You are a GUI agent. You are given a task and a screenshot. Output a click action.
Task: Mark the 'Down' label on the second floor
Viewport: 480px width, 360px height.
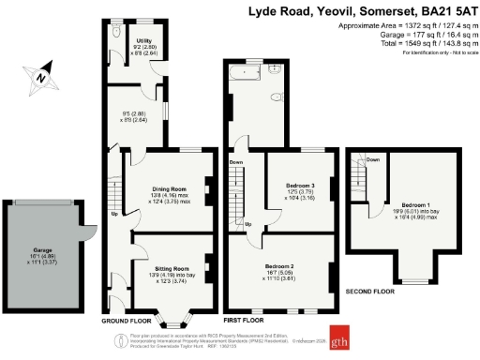(372, 159)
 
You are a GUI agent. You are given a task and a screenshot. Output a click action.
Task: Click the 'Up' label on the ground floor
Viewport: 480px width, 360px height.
(114, 214)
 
